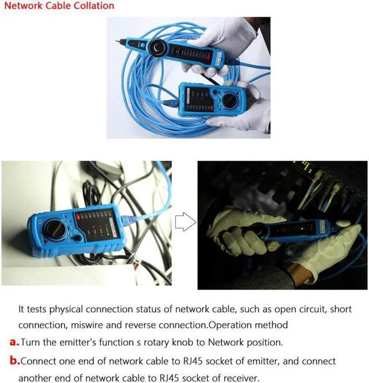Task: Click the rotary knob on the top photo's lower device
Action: (x=229, y=100)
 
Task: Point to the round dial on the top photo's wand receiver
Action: (x=157, y=48)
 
